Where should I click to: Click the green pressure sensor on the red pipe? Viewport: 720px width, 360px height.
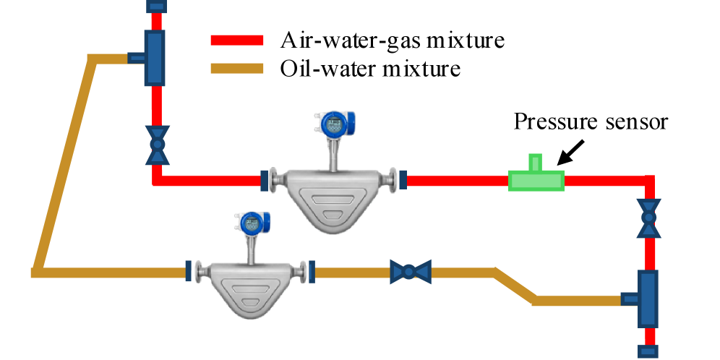536,179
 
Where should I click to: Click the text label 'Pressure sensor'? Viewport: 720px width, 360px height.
590,121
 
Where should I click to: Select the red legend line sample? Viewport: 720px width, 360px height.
239,40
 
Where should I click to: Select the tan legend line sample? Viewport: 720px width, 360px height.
239,69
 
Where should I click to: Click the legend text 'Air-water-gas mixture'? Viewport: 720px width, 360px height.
391,39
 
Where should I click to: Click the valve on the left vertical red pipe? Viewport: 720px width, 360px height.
156,145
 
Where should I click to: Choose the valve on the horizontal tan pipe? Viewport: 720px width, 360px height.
409,272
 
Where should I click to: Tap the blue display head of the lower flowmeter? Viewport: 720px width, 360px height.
251,223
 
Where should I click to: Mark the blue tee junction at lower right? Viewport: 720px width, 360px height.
646,298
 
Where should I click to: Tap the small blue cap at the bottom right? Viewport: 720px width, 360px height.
648,351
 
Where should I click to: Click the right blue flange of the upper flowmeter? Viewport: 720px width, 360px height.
403,179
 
